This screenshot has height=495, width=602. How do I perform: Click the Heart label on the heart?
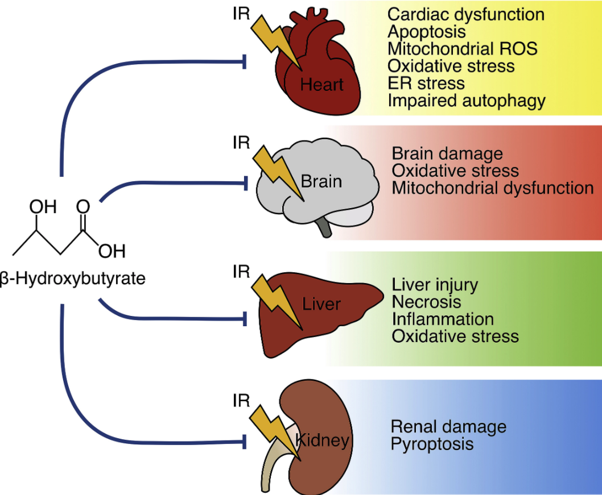pyautogui.click(x=322, y=85)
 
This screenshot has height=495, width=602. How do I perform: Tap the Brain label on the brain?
pyautogui.click(x=321, y=181)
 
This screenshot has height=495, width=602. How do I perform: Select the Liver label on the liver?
pyautogui.click(x=321, y=303)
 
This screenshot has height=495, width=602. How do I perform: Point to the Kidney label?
pyautogui.click(x=321, y=440)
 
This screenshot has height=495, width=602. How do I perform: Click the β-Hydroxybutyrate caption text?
pyautogui.click(x=72, y=278)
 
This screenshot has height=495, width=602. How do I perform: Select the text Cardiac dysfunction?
pyautogui.click(x=465, y=14)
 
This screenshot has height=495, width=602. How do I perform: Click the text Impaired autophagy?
pyautogui.click(x=467, y=101)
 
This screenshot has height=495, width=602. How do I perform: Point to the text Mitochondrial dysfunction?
pyautogui.click(x=493, y=188)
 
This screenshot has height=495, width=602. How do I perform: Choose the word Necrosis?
pyautogui.click(x=426, y=301)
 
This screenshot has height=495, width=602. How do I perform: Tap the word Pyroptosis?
pyautogui.click(x=432, y=443)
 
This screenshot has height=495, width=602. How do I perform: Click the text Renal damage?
pyautogui.click(x=448, y=426)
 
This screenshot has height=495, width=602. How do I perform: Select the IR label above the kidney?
pyautogui.click(x=241, y=401)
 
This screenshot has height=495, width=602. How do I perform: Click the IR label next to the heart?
pyautogui.click(x=241, y=13)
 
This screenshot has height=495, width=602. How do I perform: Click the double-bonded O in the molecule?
pyautogui.click(x=83, y=205)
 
